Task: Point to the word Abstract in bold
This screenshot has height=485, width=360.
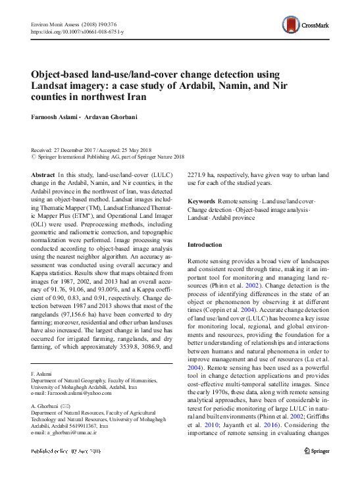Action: (43, 174)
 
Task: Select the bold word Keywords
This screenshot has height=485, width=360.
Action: (201, 200)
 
